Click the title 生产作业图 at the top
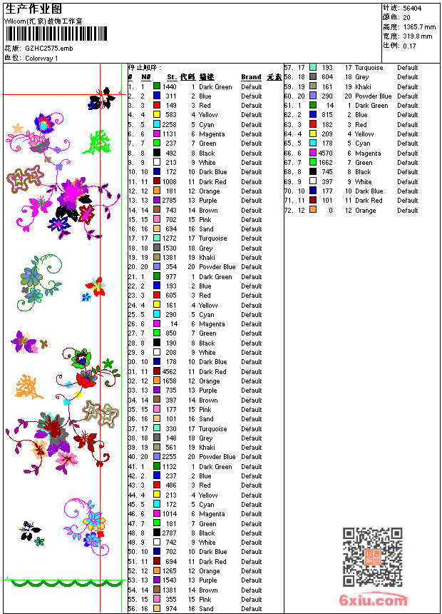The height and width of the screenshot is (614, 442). pos(34,9)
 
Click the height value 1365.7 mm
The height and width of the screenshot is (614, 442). pos(419,26)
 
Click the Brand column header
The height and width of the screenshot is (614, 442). pos(251,77)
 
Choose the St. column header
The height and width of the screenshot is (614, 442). pos(172,77)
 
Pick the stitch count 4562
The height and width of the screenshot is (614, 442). pos(170,371)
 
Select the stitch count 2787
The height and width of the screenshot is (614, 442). pos(170,533)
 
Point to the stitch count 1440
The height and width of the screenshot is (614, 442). pos(170,86)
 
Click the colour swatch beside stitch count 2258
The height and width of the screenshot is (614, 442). pos(157,124)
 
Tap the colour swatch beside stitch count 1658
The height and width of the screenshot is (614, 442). pos(157,381)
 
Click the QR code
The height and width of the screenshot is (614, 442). pos(372,557)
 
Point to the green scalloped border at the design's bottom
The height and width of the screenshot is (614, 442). pos(61,583)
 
